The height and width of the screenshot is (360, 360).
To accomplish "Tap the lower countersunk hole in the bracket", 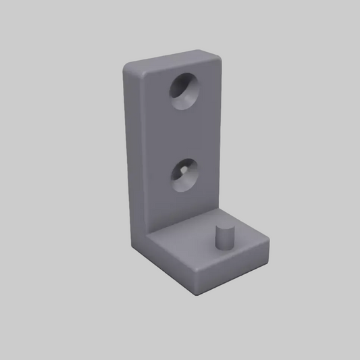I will [183, 175].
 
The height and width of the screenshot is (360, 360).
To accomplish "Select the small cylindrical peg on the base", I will [222, 239].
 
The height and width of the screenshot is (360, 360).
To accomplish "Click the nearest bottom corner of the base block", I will [195, 290].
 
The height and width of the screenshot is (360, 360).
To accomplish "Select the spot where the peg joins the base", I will [222, 248].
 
